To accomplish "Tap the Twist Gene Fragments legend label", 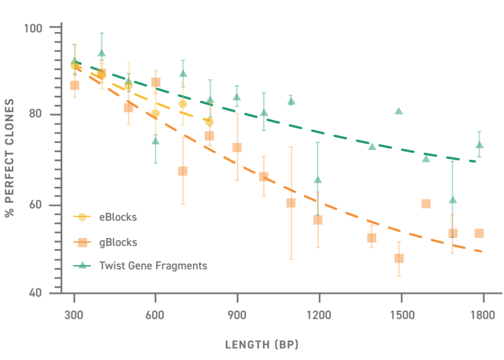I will [153, 266].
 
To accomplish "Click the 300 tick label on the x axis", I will [74, 315].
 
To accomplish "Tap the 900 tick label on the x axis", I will [237, 315].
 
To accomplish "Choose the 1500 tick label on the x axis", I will [400, 315].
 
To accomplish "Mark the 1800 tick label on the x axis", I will [482, 315].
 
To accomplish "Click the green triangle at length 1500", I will [398, 111].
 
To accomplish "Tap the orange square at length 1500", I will [398, 258].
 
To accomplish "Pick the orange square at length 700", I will [183, 171].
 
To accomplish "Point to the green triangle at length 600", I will [156, 140].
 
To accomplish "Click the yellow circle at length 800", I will [209, 122].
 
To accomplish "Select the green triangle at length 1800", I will [479, 145].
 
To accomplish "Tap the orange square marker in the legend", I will [83, 242].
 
